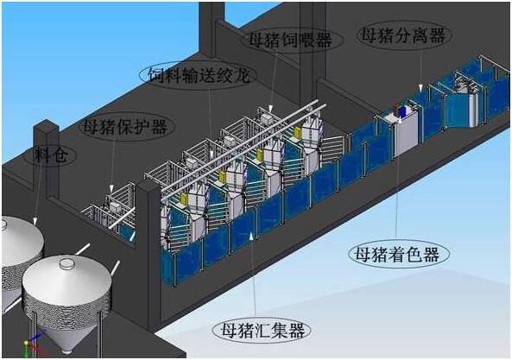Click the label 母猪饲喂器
click(290, 41)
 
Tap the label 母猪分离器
click(403, 35)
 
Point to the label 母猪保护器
click(125, 126)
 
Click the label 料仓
click(51, 155)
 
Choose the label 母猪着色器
click(397, 255)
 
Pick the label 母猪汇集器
click(262, 330)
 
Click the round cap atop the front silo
click(66, 263)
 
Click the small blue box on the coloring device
click(402, 111)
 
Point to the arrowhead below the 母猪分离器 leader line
click(420, 87)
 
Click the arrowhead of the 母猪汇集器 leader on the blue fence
click(250, 236)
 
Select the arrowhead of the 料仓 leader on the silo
click(35, 222)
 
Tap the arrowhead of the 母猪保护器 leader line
click(111, 188)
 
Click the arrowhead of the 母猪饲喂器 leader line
click(270, 109)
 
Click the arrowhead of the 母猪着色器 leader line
click(398, 120)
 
